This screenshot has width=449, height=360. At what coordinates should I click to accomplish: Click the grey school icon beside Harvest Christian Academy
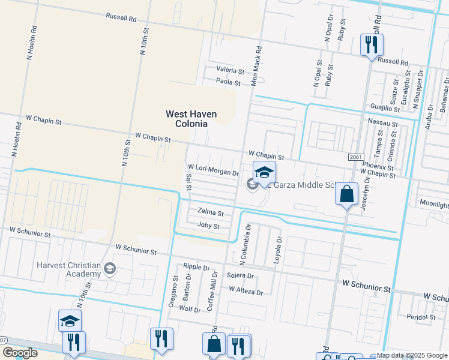(110, 269)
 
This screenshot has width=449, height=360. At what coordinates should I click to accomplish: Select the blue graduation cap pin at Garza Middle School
(264, 173)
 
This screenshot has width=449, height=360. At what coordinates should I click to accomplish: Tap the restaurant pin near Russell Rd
(372, 45)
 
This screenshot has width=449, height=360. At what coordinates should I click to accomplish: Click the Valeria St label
(231, 71)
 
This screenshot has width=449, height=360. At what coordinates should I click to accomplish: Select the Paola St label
(228, 83)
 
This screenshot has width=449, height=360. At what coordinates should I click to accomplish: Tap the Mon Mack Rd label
(256, 65)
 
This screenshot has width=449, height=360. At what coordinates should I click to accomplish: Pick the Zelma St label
(210, 213)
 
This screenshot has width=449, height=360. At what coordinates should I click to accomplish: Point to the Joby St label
(208, 226)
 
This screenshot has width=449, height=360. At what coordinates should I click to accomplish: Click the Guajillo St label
(385, 109)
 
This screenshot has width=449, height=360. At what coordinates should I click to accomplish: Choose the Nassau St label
(383, 122)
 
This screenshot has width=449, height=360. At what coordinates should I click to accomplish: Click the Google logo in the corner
(20, 353)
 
